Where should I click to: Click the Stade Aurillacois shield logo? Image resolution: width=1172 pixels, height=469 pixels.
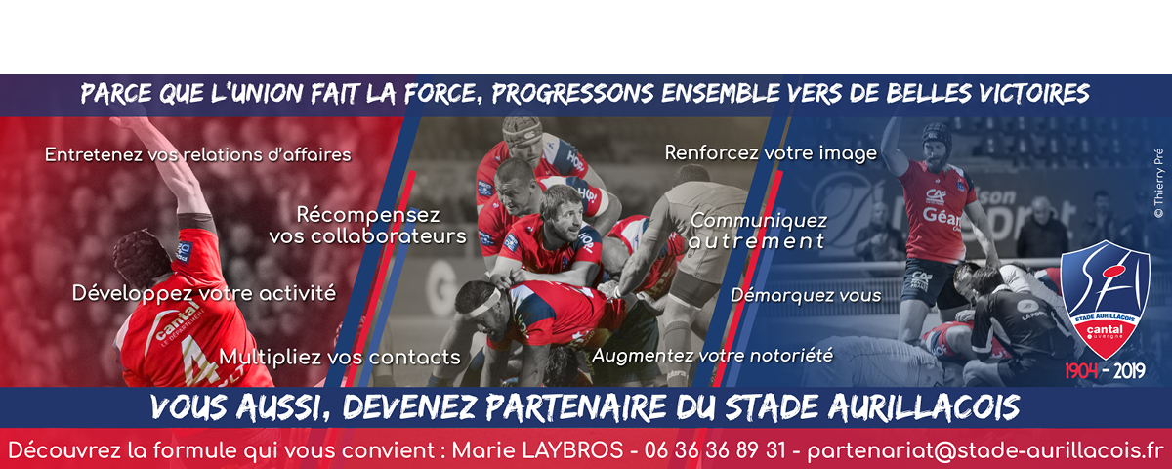tap(1105, 299)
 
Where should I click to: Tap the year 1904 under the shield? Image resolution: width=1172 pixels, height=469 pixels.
tap(1081, 371)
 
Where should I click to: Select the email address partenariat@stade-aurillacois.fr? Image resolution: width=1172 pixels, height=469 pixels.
tap(984, 451)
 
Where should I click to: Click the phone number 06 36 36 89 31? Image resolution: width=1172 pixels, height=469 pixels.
tap(715, 450)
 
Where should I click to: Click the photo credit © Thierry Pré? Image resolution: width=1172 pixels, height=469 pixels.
tap(1159, 184)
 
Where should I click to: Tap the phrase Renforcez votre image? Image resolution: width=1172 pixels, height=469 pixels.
tap(771, 152)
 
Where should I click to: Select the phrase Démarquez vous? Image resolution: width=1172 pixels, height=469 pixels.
tap(806, 295)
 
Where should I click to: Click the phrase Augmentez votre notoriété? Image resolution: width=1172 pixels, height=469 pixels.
tap(713, 356)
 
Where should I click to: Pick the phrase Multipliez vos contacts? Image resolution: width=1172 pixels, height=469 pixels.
tap(340, 357)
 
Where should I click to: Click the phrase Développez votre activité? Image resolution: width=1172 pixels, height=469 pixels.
tap(204, 293)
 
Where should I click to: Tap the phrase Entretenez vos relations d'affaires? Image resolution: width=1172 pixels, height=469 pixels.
tap(197, 154)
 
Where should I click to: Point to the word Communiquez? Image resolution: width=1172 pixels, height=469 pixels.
tap(759, 221)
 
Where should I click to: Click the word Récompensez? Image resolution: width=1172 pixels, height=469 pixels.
tap(368, 215)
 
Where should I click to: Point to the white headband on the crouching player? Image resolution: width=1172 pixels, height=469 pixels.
tap(486, 303)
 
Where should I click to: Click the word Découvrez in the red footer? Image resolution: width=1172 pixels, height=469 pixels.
tap(77, 450)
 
